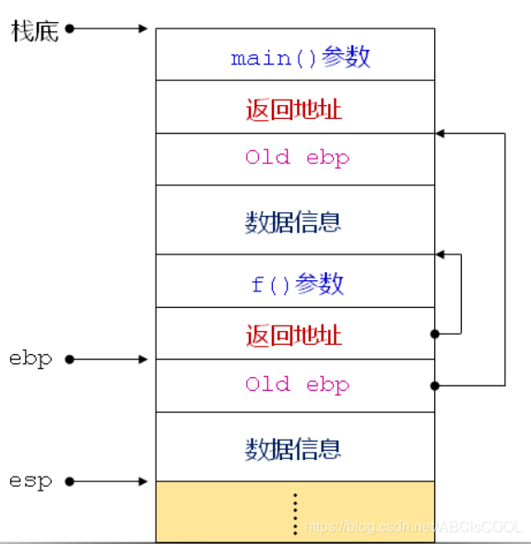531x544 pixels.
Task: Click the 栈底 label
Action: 35,30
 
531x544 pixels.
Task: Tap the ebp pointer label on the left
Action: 30,358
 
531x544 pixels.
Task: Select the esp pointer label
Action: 30,480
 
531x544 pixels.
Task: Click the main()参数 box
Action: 295,57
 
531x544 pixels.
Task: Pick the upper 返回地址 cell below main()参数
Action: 295,109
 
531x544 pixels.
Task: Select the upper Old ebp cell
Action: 295,158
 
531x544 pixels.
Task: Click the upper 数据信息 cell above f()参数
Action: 295,221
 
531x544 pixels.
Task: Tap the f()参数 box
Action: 295,283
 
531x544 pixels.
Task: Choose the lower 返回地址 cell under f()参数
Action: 295,334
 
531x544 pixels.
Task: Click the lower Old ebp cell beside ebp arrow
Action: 295,384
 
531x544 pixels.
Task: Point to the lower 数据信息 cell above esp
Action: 295,448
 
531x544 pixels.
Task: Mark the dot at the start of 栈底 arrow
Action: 69,29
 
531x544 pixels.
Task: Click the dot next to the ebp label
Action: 69,359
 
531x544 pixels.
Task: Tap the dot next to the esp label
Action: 69,480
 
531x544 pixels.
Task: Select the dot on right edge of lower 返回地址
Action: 434,333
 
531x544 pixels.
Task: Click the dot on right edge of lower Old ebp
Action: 434,384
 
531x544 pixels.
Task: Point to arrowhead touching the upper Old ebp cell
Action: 441,134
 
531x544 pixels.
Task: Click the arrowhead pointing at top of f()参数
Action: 441,254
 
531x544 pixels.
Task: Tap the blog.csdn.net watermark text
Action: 413,526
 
